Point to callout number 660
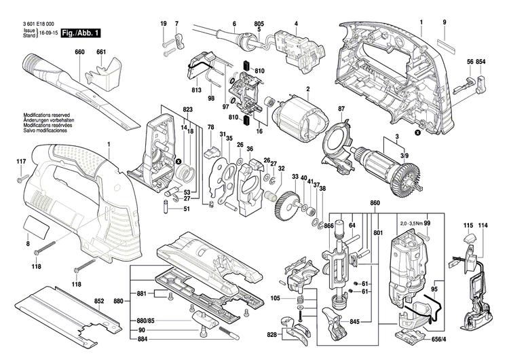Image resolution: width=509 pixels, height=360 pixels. pyautogui.click(x=79, y=52)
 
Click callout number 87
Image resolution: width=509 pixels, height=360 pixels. pyautogui.click(x=342, y=109)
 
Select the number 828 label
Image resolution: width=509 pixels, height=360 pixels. pyautogui.click(x=271, y=335)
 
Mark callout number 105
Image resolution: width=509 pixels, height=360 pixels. pyautogui.click(x=276, y=298)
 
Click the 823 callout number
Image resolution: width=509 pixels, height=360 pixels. pyautogui.click(x=188, y=110)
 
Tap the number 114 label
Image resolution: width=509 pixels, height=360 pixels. pyautogui.click(x=483, y=225)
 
